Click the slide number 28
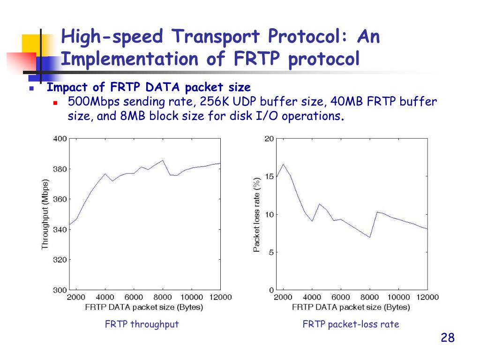tap(448, 338)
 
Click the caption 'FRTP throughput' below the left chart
tap(142, 324)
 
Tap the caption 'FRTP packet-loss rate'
tap(351, 324)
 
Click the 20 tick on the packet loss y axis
tap(269, 139)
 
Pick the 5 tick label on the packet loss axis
tap(271, 252)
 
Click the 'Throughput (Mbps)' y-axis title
tap(45, 214)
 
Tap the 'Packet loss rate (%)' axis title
tap(256, 214)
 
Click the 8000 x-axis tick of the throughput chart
tap(163, 297)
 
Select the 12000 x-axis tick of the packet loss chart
tap(427, 297)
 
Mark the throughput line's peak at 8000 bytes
tap(163, 160)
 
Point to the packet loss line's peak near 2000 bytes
tap(283, 164)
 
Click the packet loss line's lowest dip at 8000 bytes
tap(370, 237)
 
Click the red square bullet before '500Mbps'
tap(55, 102)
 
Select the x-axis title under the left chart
tap(144, 307)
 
